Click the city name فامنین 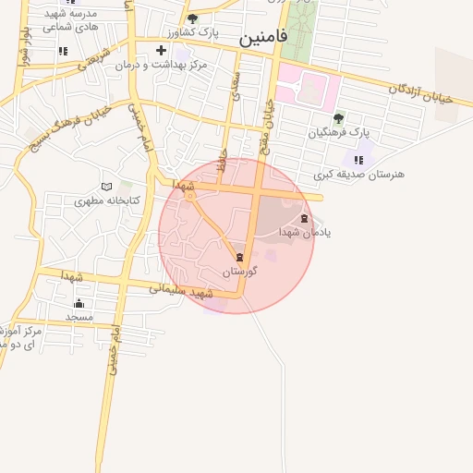pos(263,38)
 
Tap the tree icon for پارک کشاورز pos(192,18)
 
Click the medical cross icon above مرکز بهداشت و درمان pos(162,50)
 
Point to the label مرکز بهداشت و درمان pos(162,66)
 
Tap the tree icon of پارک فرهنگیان pos(338,118)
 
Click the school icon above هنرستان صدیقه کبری pos(358,160)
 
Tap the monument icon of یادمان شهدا pos(305,218)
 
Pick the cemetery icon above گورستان pos(240,257)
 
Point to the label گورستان pos(239,272)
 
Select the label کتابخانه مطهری pos(107,200)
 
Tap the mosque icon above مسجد pos(79,303)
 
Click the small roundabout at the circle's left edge pos(190,195)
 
